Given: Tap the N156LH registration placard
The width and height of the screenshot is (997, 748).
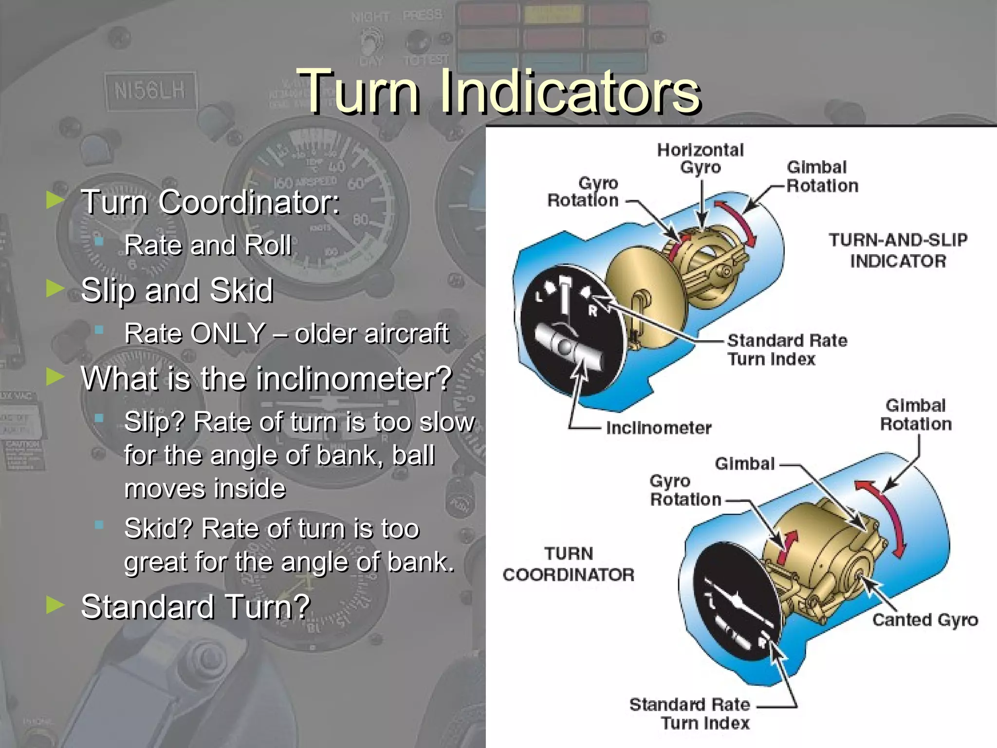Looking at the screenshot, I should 150,91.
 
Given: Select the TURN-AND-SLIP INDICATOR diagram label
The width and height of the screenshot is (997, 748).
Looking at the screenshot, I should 898,250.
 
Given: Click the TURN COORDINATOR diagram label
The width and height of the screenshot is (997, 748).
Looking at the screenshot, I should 569,564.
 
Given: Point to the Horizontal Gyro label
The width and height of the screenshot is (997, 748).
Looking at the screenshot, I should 700,158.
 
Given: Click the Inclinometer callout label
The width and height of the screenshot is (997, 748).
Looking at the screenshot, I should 658,428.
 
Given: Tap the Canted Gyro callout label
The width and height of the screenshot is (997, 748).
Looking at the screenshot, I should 925,620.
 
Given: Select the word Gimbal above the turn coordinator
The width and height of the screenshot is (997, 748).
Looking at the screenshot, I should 744,464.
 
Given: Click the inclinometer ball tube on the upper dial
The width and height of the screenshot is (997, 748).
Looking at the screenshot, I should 567,347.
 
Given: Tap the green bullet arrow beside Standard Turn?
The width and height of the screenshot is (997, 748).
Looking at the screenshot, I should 55,605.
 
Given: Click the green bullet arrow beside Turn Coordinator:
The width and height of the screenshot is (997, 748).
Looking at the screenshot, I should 55,200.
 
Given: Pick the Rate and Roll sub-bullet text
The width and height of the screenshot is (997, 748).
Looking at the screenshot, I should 208,245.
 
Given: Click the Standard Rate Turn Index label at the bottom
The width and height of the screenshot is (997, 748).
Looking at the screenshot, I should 690,713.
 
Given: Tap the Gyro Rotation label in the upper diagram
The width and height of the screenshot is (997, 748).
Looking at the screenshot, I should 583,191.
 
